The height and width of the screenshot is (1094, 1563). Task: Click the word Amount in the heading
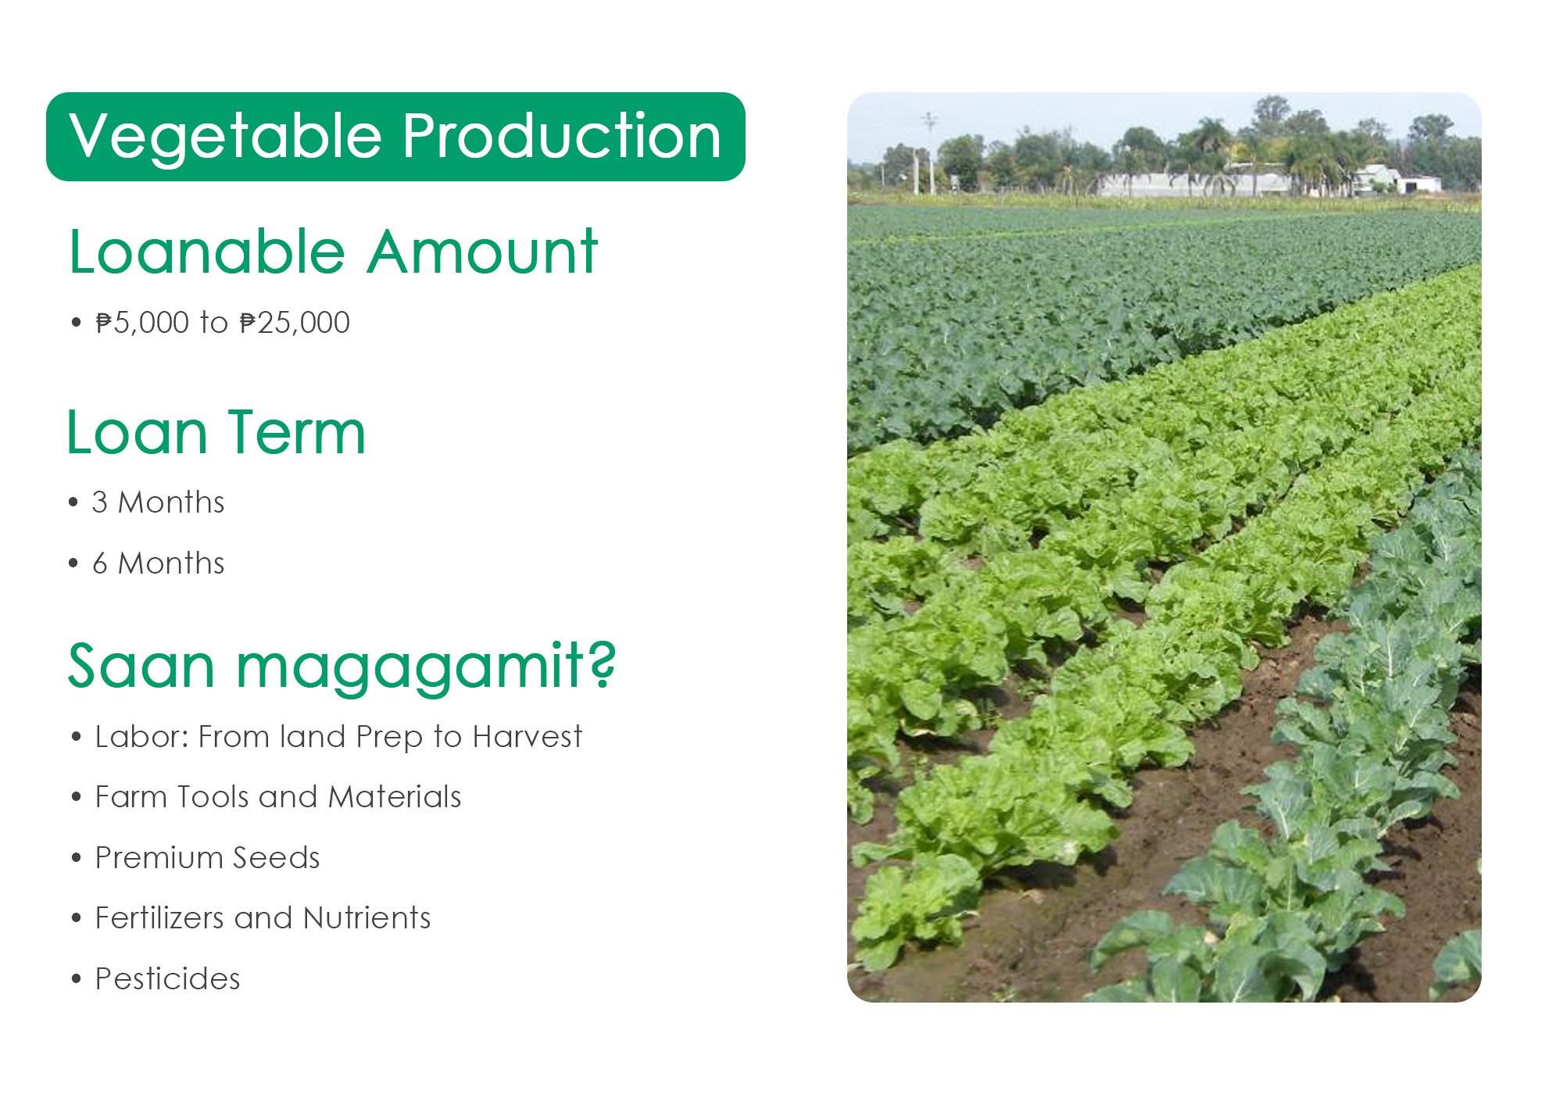point(483,252)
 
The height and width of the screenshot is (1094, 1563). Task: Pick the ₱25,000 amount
point(295,323)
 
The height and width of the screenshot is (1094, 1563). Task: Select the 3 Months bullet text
point(158,502)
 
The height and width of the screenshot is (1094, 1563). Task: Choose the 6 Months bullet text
point(158,563)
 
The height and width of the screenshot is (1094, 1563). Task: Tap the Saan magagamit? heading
point(342,667)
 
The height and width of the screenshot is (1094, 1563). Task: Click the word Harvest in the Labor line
point(528,736)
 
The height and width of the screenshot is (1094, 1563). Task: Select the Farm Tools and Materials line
point(278,797)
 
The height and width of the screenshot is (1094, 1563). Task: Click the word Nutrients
point(367,918)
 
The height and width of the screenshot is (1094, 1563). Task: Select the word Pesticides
point(167,979)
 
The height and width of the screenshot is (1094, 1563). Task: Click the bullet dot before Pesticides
point(76,979)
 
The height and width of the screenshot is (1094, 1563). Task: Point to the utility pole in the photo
point(930,152)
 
